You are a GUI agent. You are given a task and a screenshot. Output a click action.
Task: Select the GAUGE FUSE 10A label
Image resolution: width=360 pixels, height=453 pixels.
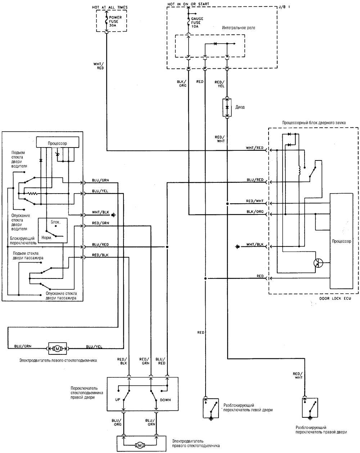pos(197,23)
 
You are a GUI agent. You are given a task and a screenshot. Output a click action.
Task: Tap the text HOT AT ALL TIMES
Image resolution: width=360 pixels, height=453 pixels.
pos(109,7)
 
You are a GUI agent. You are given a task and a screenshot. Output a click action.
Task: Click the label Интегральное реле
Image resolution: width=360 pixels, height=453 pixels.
pos(238,28)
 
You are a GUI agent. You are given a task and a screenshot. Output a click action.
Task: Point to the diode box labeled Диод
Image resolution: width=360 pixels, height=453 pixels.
pos(227,107)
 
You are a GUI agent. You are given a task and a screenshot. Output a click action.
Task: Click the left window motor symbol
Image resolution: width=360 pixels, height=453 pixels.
pos(58,349)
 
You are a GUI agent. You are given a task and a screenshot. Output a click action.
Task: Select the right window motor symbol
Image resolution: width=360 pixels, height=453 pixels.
pos(140,445)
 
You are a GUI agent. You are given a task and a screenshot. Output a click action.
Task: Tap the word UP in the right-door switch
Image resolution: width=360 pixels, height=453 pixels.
pos(118,399)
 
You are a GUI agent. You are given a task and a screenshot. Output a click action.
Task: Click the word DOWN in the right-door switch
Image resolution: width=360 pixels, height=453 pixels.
pos(165,400)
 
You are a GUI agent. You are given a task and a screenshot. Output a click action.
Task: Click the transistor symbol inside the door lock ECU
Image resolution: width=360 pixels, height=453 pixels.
pos(318,263)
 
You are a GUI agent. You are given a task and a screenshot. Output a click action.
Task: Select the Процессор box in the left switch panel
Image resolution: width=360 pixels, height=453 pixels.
pos(58,142)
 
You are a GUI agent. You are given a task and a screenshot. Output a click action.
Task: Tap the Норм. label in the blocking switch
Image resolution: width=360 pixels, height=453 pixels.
pos(46,238)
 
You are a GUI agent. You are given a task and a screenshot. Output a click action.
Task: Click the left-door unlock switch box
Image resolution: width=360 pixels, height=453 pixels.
pos(211,408)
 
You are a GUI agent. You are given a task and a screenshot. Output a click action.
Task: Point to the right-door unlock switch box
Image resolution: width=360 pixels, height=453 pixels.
pos(310,408)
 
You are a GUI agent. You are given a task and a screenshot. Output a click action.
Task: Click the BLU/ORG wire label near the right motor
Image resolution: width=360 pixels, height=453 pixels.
pos(117,422)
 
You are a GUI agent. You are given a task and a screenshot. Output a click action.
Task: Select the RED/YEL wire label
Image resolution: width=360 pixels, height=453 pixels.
pos(220,84)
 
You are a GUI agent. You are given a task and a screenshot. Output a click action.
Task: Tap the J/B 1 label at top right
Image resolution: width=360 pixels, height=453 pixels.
pos(284,7)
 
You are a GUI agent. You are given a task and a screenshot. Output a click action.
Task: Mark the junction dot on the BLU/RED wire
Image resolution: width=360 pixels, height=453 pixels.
pos(167,247)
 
